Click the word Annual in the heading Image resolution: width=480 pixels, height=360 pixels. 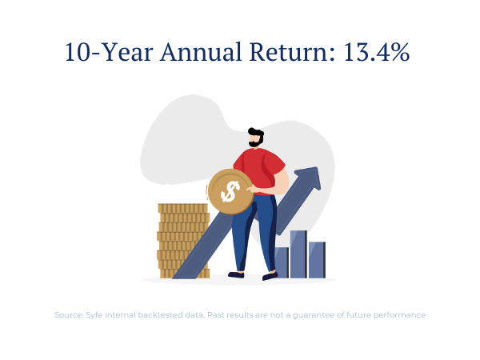201,52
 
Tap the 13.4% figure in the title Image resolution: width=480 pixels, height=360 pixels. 376,52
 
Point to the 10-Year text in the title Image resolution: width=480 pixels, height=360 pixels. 109,52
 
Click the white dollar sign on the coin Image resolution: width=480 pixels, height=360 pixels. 230,192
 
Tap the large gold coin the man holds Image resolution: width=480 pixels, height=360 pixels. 230,191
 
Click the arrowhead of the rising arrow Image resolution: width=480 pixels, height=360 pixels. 309,179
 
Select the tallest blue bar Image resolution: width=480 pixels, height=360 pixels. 298,254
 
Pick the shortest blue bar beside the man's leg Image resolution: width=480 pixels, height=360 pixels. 282,262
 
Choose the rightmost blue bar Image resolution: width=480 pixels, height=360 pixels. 317,260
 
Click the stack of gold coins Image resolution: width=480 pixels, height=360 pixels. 183,241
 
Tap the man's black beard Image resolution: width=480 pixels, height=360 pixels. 256,142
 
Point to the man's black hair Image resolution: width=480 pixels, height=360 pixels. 256,133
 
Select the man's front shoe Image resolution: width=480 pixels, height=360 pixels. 270,276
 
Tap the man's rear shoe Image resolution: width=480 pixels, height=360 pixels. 236,274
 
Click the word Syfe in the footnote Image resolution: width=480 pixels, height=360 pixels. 94,315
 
